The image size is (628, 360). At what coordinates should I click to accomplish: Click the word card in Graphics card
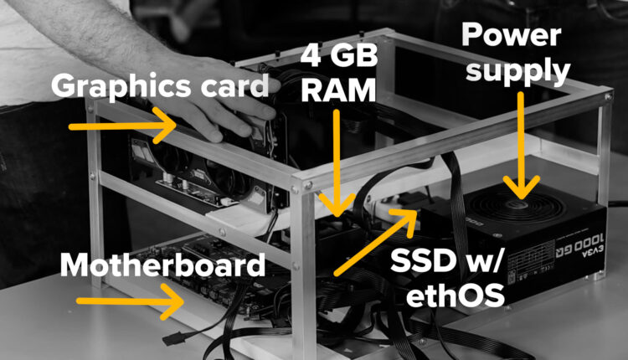232,85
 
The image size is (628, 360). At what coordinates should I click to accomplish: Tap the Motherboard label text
162,267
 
